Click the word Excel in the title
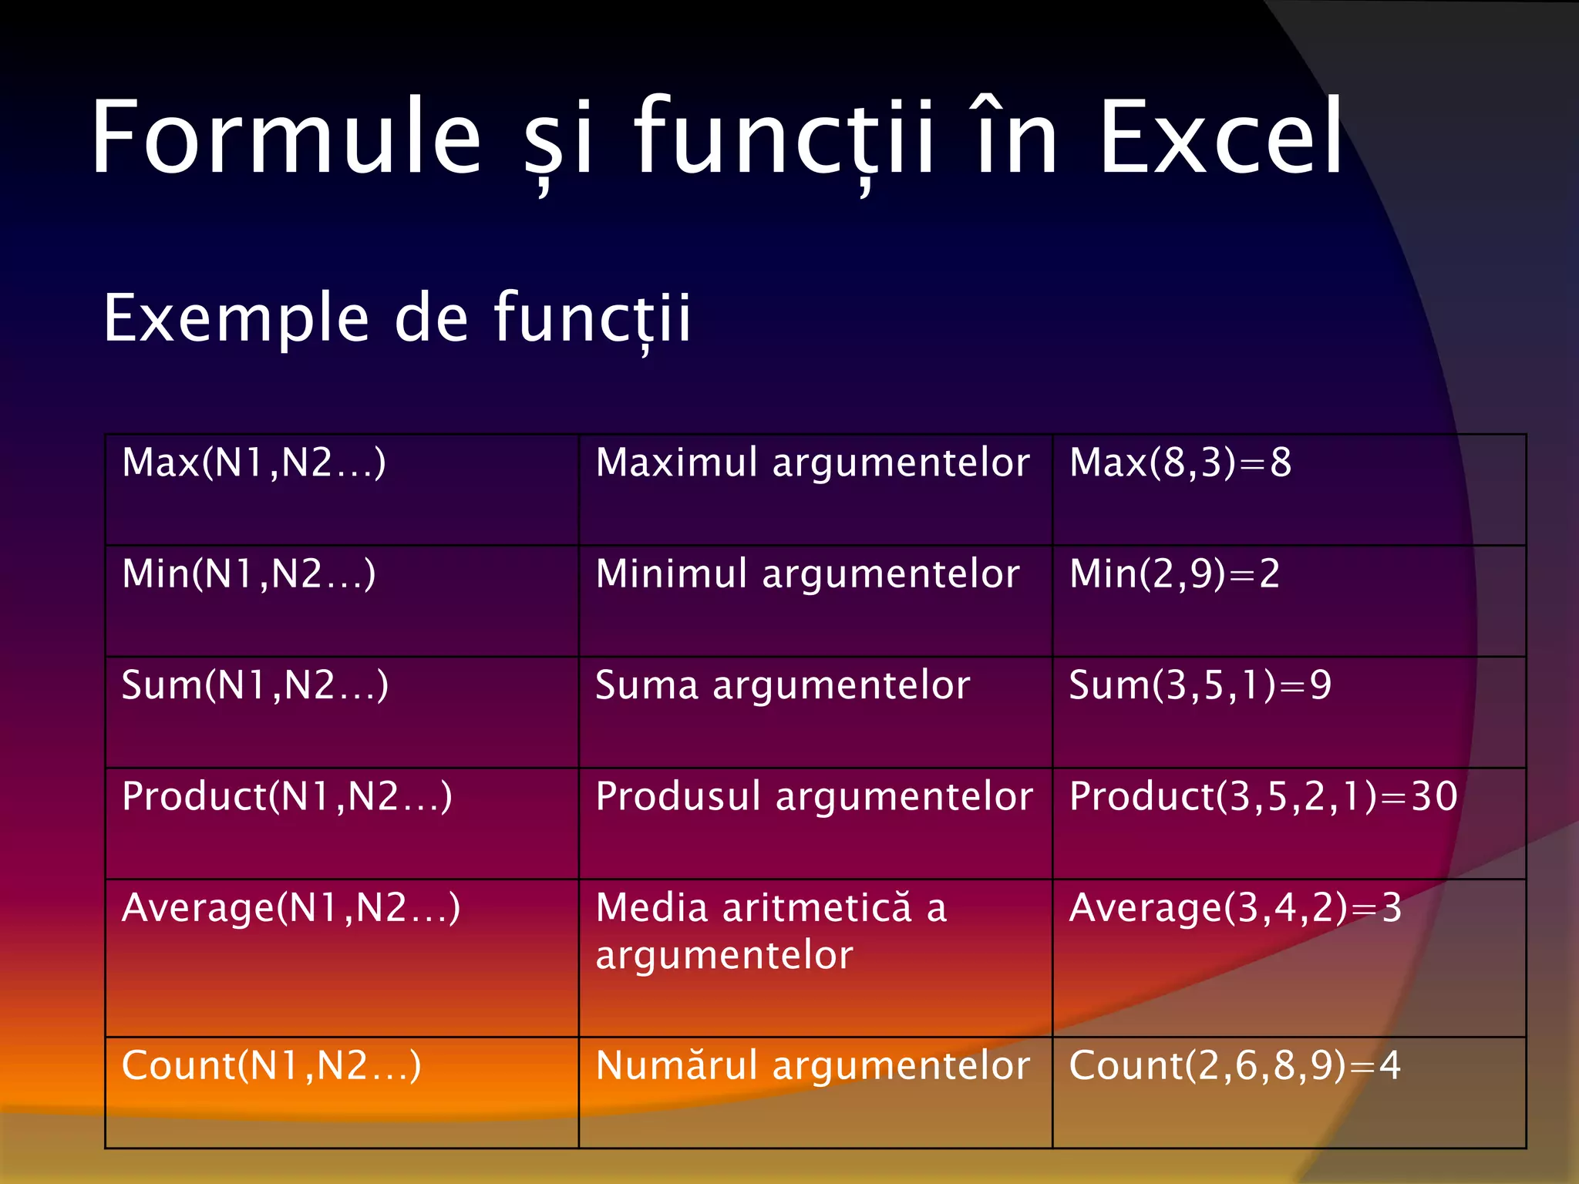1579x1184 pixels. (x=1220, y=139)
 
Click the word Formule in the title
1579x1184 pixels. (x=286, y=139)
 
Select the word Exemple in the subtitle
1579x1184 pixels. (x=236, y=318)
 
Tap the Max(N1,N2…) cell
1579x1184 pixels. (x=254, y=463)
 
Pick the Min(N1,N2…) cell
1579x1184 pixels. (x=248, y=574)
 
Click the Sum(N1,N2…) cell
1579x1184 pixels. (x=254, y=685)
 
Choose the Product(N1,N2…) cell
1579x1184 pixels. (x=287, y=797)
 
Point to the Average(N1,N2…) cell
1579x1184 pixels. (x=291, y=908)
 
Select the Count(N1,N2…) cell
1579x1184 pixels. (x=271, y=1066)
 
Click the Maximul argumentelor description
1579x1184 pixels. (x=813, y=463)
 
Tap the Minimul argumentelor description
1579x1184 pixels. (x=807, y=574)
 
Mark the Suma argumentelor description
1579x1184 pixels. (x=783, y=685)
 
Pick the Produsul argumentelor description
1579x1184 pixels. (x=814, y=797)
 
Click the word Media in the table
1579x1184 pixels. (x=651, y=908)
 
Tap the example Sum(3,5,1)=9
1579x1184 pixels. (x=1200, y=685)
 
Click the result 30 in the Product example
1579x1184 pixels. (x=1434, y=797)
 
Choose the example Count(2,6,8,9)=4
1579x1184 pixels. (x=1234, y=1066)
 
